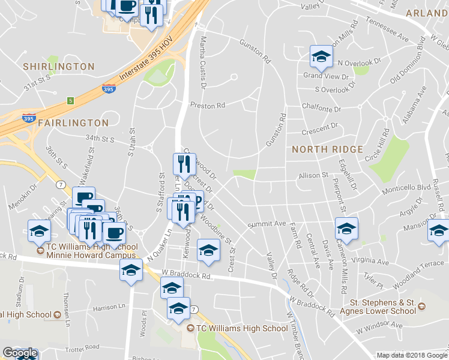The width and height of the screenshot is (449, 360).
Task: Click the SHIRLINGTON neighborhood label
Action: tap(59, 66)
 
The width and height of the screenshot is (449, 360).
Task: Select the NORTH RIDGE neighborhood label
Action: tap(328, 149)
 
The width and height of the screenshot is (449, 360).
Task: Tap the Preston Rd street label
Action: tap(207, 105)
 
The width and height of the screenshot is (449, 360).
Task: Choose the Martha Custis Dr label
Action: tap(202, 61)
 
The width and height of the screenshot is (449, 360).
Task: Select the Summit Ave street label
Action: tap(268, 224)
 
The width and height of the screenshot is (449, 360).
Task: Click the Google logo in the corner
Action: tap(20, 353)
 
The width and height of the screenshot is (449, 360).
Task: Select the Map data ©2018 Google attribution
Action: tap(412, 355)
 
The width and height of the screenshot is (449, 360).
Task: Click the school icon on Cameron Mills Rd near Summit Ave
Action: tap(346, 229)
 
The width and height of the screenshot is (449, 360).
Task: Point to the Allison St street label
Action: tap(313, 176)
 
